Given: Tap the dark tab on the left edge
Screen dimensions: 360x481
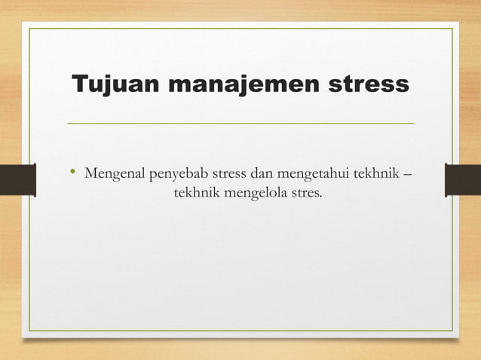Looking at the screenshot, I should [17, 181].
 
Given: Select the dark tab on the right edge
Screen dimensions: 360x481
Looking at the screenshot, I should [463, 181].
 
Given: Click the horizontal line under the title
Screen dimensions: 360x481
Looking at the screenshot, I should [240, 123].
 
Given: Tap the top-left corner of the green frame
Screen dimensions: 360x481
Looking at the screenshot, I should [30, 29].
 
